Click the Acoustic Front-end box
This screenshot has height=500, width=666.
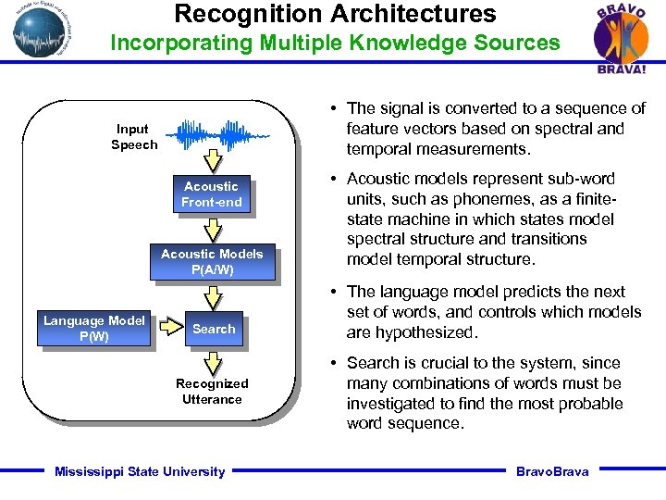pos(212,194)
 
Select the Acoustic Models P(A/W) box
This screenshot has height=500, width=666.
pos(212,261)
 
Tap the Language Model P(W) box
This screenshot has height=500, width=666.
pos(93,329)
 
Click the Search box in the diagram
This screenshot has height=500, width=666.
pos(214,329)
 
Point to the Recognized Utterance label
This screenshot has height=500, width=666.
pos(212,392)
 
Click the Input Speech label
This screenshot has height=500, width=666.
pos(134,137)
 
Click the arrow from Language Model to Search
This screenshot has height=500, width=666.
pos(171,328)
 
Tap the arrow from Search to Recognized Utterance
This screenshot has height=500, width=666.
pos(213,360)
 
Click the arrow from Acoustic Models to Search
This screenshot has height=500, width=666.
pos(213,296)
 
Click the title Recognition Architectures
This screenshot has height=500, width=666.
pos(335,14)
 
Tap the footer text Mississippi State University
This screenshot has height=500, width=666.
pos(140,471)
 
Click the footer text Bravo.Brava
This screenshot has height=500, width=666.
pos(551,471)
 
